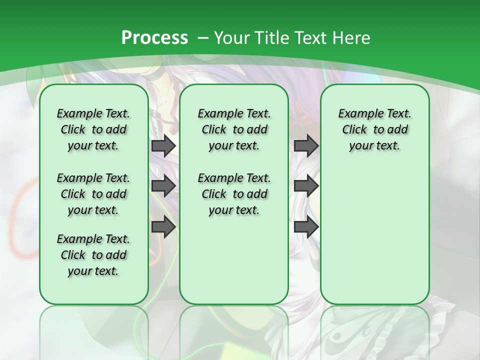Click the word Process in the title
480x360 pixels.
coord(154,38)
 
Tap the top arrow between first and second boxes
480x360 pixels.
coord(163,145)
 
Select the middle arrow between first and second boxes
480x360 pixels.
coord(163,186)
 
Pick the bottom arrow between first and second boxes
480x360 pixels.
coord(163,227)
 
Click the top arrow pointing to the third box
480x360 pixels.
coord(306,145)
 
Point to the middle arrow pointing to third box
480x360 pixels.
coord(306,186)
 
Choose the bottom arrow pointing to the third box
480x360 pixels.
coord(306,227)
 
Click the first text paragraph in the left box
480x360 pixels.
coord(93,129)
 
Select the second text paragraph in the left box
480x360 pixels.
coord(93,194)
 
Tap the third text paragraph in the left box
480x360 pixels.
coord(93,255)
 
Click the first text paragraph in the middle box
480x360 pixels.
coord(234,129)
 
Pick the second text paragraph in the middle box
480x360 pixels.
coord(234,194)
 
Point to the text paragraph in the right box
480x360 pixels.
coord(374,129)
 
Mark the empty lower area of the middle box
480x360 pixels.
coord(234,260)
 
